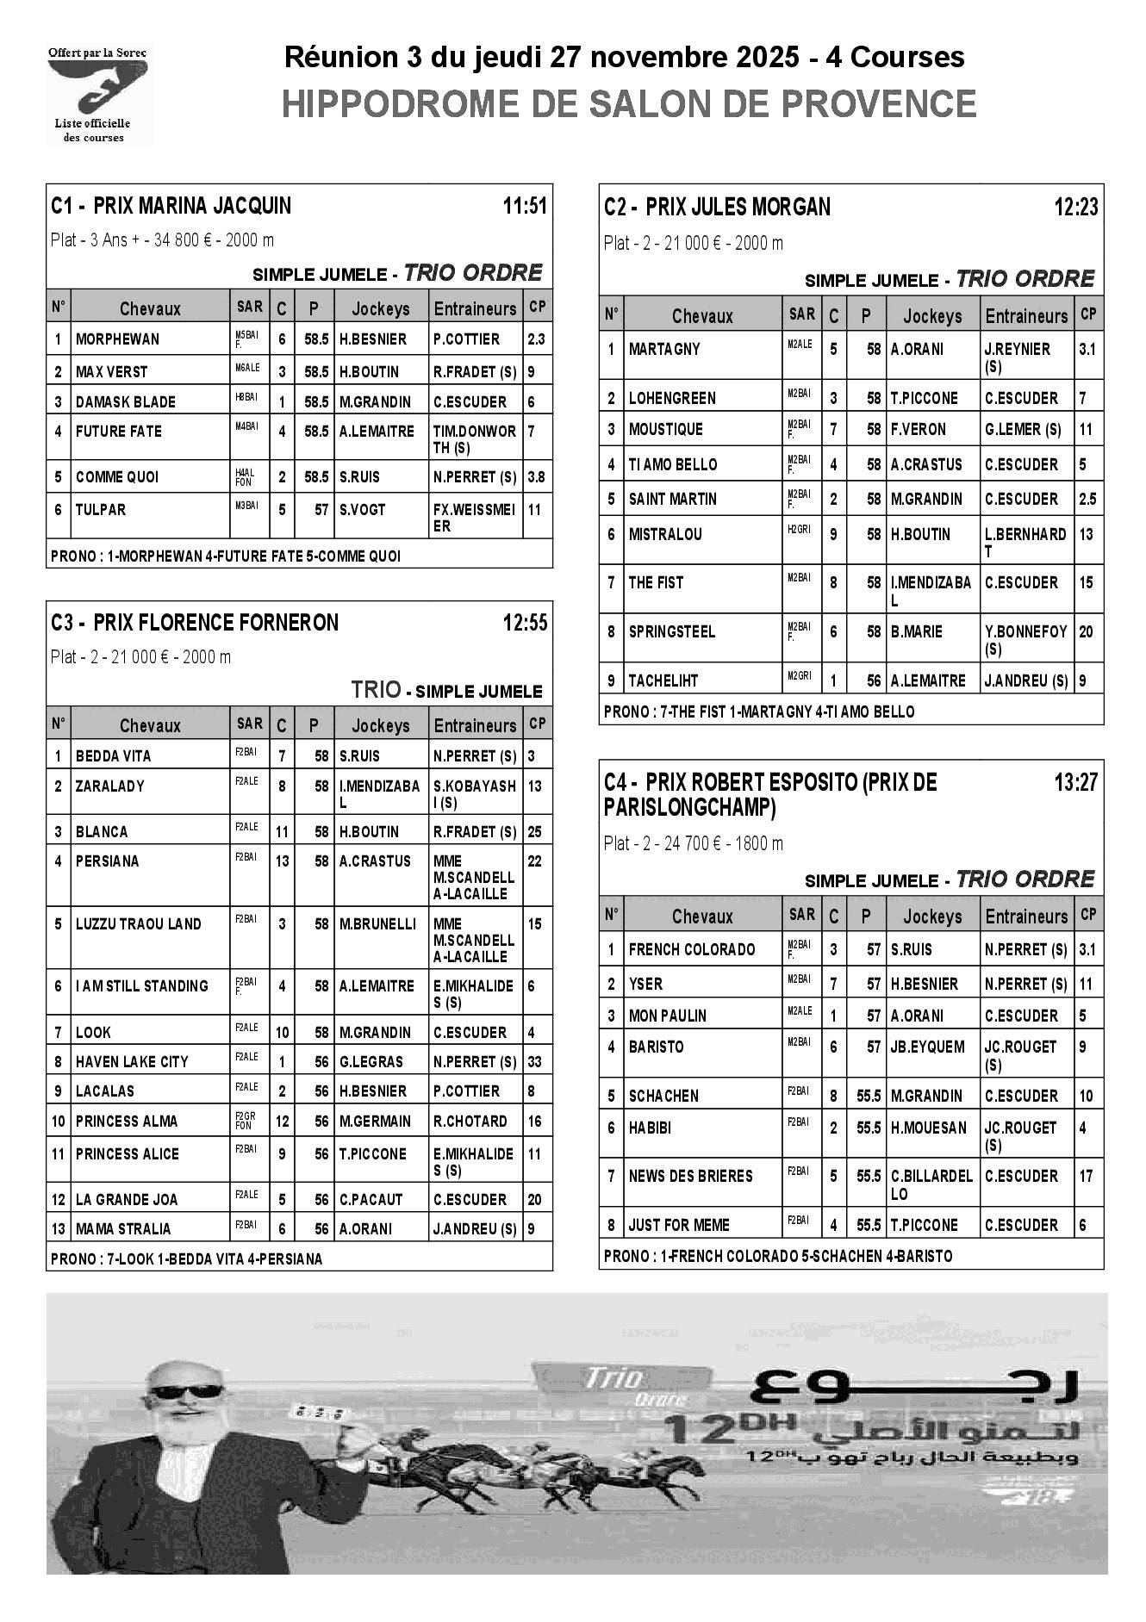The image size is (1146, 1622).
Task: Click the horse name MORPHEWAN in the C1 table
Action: click(x=117, y=339)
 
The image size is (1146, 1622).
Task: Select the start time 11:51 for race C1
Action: click(x=525, y=206)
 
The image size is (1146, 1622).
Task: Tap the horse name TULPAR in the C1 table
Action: click(x=101, y=510)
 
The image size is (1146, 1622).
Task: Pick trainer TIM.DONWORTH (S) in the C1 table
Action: click(x=474, y=439)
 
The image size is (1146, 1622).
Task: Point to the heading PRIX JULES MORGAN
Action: click(x=738, y=207)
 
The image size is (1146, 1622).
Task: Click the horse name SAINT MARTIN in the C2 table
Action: click(x=672, y=500)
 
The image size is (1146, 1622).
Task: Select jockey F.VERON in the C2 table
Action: click(x=918, y=430)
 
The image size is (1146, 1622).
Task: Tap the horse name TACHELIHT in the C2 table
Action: click(x=663, y=680)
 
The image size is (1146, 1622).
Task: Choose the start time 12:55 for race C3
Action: click(x=525, y=623)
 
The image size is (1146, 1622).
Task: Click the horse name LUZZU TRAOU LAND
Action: click(x=138, y=924)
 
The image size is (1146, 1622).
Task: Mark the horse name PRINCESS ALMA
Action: click(x=127, y=1122)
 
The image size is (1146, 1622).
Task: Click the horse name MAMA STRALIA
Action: click(x=123, y=1229)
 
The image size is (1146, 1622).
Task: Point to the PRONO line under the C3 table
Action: click(x=186, y=1259)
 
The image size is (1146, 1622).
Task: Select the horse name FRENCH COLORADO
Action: click(x=691, y=950)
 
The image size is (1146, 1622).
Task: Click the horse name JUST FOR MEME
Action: click(x=679, y=1225)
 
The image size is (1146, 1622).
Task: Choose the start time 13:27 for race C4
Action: click(x=1075, y=782)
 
